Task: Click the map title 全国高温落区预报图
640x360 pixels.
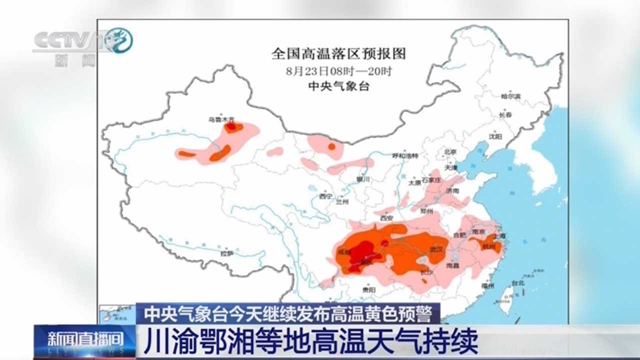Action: pyautogui.click(x=338, y=53)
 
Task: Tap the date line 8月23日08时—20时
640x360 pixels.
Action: pyautogui.click(x=338, y=71)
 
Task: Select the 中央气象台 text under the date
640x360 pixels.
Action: pyautogui.click(x=338, y=86)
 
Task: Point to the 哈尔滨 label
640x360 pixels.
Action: pyautogui.click(x=510, y=96)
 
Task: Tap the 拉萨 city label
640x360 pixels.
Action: pyautogui.click(x=227, y=253)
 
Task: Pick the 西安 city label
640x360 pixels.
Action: pyautogui.click(x=387, y=218)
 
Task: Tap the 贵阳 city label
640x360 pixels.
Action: pyautogui.click(x=369, y=289)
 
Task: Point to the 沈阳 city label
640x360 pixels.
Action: pyautogui.click(x=495, y=136)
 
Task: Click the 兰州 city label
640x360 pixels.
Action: pyautogui.click(x=342, y=202)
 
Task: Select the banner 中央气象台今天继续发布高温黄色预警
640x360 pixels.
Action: pyautogui.click(x=288, y=313)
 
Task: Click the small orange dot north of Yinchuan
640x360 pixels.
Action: pyautogui.click(x=331, y=146)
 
